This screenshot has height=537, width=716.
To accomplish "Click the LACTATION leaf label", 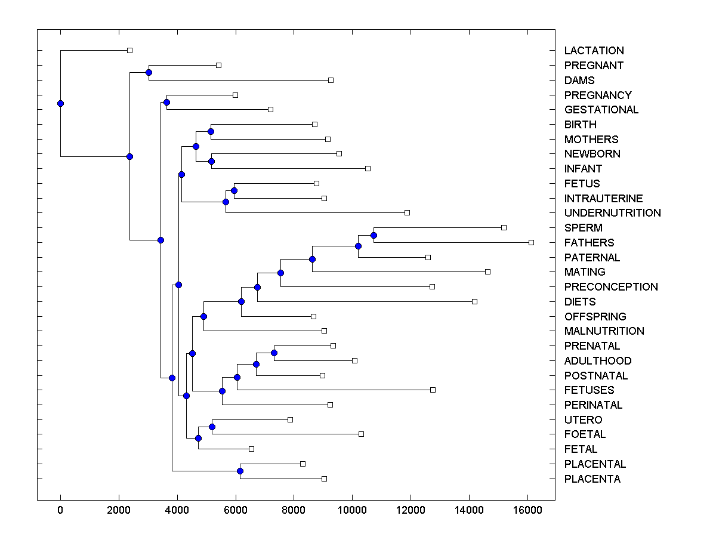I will pos(594,51).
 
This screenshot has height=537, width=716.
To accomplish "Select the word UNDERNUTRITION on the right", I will pos(612,213).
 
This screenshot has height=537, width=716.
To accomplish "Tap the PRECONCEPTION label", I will pos(611,287).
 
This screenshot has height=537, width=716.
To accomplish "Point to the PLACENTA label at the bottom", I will pos(592,479).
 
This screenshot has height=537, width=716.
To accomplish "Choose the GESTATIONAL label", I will pos(601,110).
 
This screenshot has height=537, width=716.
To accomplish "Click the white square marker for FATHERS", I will pos(531,242).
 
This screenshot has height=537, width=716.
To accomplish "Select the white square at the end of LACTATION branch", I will pos(129,50).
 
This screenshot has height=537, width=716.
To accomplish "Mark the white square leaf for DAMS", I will pos(331,80).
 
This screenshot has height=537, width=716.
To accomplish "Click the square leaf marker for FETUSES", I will pos(433,390).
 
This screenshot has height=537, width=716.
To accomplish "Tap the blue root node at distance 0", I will pos(60,103).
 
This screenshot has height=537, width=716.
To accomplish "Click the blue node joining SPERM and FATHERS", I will pos(374,235).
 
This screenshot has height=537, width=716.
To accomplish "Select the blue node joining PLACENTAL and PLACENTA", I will pos(240,471).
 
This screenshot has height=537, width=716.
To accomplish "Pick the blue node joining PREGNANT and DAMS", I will pos(149,72).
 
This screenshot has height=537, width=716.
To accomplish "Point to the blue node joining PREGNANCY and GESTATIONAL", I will pos(166,102).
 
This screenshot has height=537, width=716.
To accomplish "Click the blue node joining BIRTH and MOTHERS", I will pos(211,131).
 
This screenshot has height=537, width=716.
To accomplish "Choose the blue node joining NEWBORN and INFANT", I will pos(211,161).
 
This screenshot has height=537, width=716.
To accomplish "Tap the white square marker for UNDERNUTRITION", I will pos(407,212).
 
